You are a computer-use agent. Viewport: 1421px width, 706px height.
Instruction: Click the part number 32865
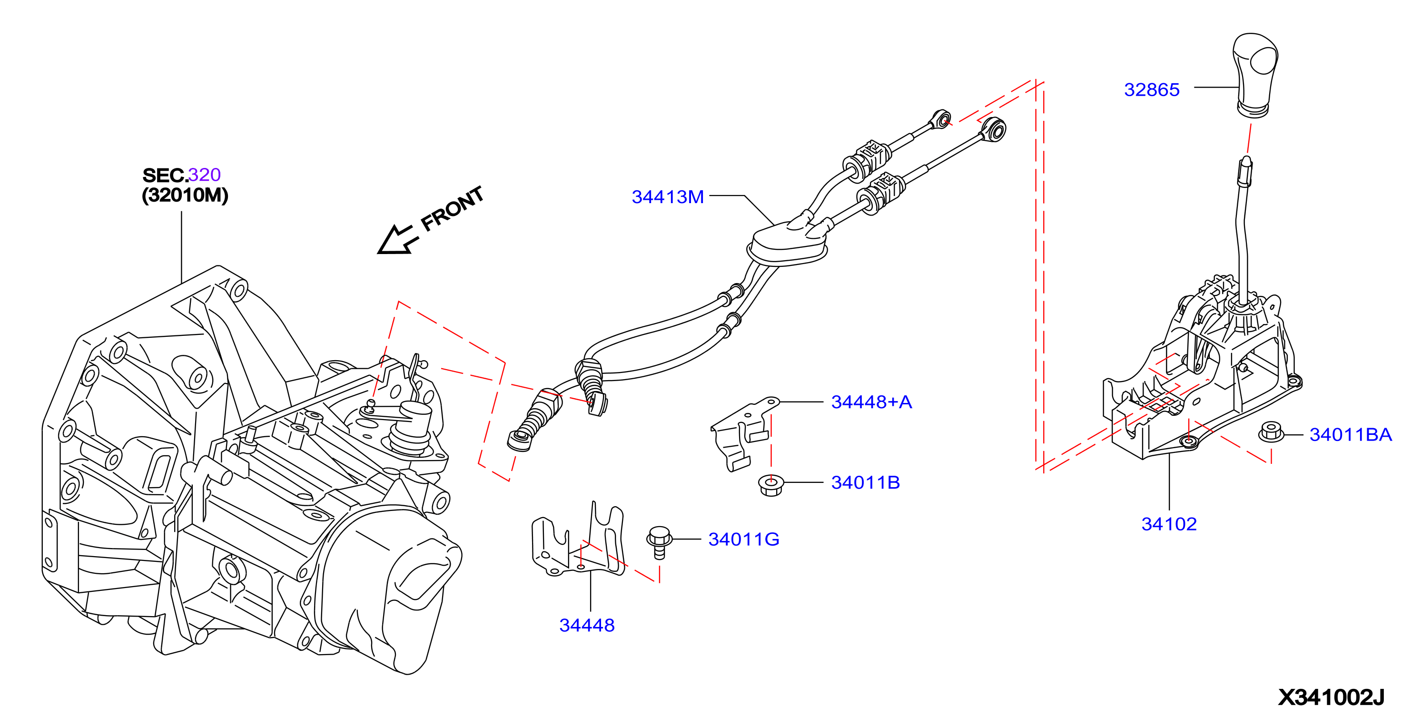[1151, 89]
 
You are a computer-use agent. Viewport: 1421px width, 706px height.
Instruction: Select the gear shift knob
[1254, 75]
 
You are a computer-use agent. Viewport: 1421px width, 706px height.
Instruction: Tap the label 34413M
[668, 196]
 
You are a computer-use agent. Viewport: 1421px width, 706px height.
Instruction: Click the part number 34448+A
[871, 402]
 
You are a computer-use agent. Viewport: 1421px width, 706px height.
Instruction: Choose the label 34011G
[744, 539]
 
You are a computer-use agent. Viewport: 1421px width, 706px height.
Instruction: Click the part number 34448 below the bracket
[587, 625]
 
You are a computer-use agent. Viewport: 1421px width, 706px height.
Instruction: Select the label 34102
[1169, 523]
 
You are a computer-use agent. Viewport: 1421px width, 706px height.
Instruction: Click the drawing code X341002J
[1331, 696]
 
